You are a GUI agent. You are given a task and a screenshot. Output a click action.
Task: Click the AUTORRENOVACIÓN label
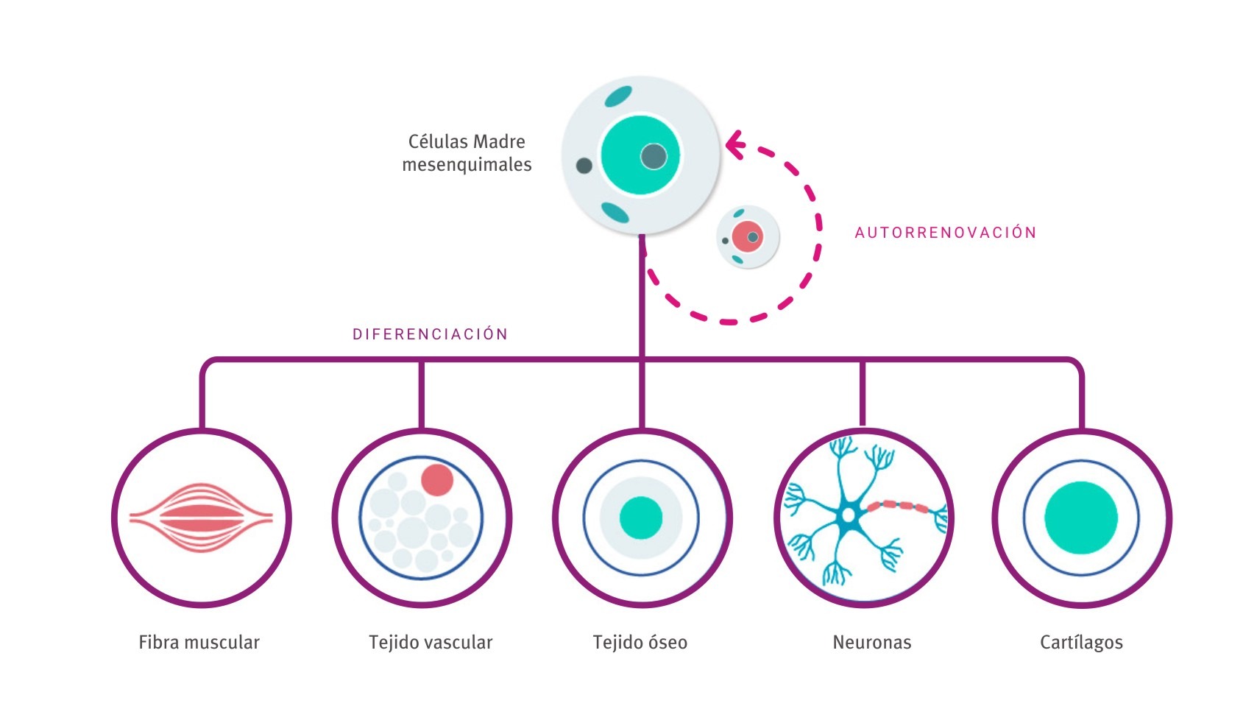click(x=945, y=233)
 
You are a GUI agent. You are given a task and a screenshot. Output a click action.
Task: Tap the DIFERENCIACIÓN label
click(x=431, y=334)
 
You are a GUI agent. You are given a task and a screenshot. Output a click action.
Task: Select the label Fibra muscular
click(x=199, y=643)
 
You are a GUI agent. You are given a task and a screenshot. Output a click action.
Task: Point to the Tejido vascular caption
click(x=431, y=643)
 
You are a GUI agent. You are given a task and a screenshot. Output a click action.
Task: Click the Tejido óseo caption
click(x=640, y=643)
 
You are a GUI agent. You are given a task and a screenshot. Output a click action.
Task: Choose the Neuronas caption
click(x=871, y=643)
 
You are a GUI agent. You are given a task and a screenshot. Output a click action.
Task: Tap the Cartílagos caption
click(x=1081, y=643)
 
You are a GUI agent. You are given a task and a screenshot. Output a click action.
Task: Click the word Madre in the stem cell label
click(x=499, y=141)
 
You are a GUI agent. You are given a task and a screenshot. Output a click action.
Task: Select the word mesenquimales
click(x=467, y=165)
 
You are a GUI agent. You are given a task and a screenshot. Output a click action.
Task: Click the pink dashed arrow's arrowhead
click(x=733, y=144)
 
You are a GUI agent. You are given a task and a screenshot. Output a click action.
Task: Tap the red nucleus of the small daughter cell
click(x=746, y=236)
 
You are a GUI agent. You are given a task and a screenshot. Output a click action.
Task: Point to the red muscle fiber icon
click(x=200, y=518)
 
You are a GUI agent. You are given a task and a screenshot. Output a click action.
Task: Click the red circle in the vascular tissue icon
click(x=436, y=479)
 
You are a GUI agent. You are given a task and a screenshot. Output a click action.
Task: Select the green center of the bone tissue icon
click(x=640, y=518)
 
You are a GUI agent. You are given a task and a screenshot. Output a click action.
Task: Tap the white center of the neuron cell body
click(x=849, y=515)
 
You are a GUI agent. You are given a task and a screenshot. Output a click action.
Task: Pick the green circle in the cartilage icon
click(x=1080, y=518)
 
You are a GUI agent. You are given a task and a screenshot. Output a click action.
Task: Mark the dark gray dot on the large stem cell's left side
click(x=584, y=166)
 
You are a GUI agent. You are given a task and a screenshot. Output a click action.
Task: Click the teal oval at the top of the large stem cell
click(x=617, y=96)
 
